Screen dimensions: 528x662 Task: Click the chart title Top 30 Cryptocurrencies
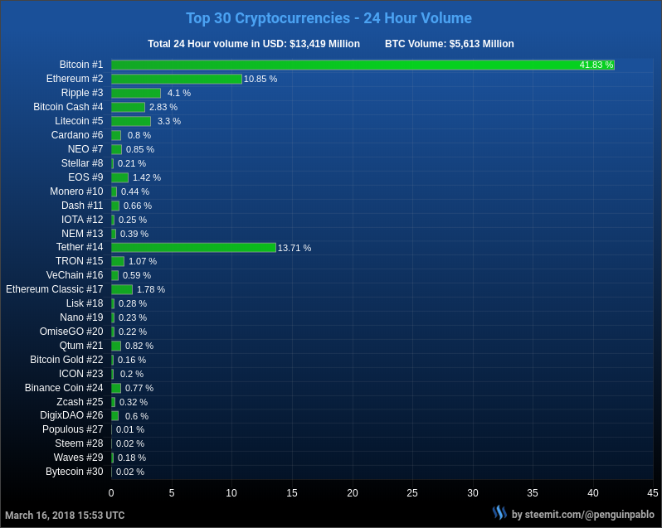329,18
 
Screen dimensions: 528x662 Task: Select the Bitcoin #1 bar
363,65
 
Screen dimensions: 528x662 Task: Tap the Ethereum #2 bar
177,79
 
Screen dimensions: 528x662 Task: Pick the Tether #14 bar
193,247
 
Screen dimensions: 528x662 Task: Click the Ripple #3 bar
136,93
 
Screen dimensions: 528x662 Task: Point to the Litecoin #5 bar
131,121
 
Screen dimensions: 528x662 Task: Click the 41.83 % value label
596,65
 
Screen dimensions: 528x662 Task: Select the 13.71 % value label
294,248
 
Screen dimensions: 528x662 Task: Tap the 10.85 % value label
260,79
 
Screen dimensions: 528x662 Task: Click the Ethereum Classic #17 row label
55,289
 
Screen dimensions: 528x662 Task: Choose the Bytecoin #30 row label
75,472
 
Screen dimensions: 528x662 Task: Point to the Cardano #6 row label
77,135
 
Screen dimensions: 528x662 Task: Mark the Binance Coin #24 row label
64,387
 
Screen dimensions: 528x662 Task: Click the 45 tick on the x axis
653,492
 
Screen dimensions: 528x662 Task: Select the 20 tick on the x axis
353,492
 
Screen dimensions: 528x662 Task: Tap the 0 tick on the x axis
111,492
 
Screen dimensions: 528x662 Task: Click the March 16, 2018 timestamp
65,516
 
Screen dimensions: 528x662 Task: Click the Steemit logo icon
499,513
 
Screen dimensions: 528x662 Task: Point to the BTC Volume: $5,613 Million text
449,44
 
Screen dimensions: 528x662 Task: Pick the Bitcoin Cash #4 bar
128,107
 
